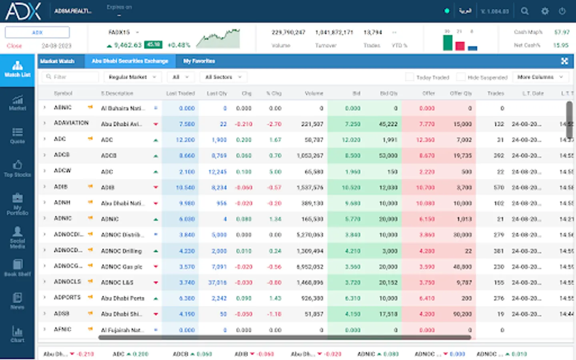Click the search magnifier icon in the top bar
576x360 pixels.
point(525,11)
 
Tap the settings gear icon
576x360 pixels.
point(545,11)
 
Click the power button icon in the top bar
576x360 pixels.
point(562,11)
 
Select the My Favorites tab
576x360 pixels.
point(199,61)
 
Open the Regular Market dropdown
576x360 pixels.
point(132,77)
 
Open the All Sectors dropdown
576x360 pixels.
point(223,77)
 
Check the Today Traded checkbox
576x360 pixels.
point(410,77)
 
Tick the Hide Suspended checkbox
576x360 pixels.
point(461,77)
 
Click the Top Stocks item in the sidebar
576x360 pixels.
point(17,168)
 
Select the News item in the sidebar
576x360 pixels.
point(17,301)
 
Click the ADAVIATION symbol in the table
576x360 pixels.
point(71,123)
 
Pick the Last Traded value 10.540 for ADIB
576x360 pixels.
point(185,187)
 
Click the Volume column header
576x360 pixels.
point(314,93)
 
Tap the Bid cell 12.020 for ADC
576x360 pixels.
point(352,140)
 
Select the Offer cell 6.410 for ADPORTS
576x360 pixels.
point(426,298)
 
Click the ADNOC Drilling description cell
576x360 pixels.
point(121,251)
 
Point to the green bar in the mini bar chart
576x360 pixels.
point(448,42)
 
